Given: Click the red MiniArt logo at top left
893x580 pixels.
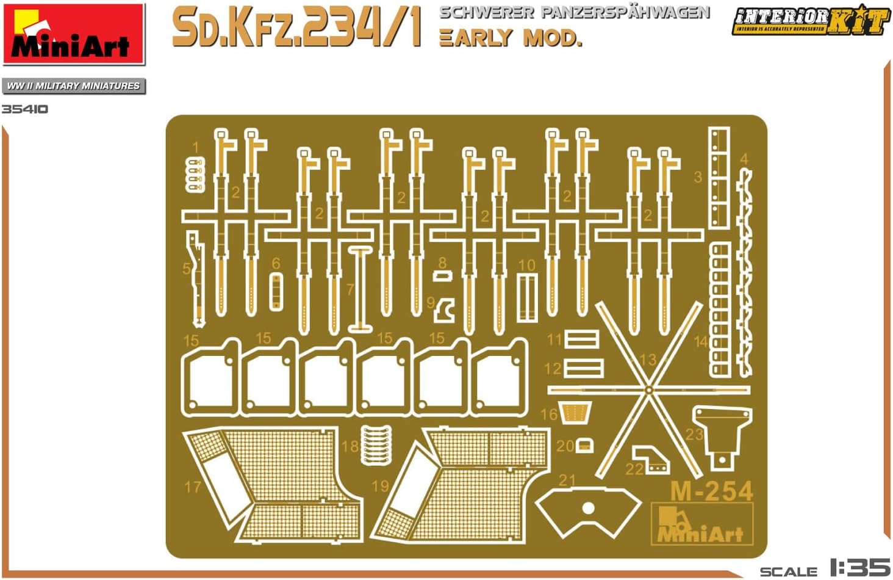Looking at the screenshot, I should (x=73, y=34).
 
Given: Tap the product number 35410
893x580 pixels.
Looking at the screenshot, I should (x=24, y=109).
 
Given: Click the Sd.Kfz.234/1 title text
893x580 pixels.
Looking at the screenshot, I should (x=296, y=28).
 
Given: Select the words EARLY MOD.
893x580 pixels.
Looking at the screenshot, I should (x=510, y=38).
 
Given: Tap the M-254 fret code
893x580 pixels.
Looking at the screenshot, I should (x=711, y=491).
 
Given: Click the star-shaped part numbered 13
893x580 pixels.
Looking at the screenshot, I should (x=649, y=390).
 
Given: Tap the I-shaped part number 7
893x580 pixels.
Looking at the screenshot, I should (x=360, y=289).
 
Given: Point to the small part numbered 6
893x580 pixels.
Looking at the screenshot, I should (x=276, y=292).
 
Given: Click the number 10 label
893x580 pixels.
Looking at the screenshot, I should (x=526, y=265).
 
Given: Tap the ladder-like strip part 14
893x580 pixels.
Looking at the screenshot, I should (x=720, y=308).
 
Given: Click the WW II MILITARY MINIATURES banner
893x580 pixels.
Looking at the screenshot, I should (x=73, y=86).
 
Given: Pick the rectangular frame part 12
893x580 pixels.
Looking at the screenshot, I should (x=584, y=368).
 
